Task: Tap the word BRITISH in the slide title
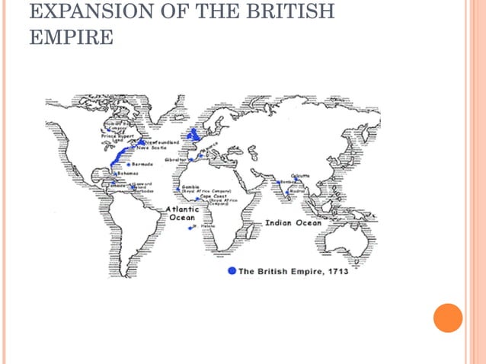point(293,13)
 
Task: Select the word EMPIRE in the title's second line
point(71,37)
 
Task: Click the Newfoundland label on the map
point(164,142)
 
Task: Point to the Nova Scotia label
point(152,148)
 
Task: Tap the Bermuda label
point(142,164)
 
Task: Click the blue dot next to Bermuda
point(128,164)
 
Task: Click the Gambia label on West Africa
point(190,186)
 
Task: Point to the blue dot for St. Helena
point(191,227)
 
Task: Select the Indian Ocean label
point(293,223)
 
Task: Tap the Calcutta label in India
point(301,176)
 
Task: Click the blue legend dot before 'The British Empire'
point(232,271)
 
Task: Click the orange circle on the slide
point(448,318)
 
